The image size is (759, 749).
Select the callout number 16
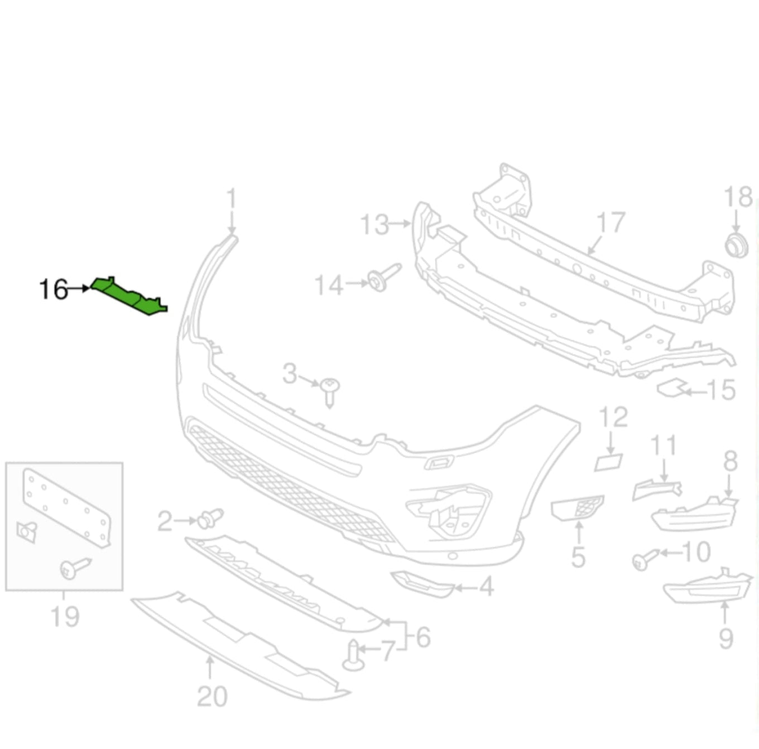(54, 290)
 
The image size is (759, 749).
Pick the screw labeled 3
(330, 390)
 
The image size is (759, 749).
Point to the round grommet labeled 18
(736, 246)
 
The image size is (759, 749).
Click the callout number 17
(611, 223)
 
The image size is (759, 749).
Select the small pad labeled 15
(672, 387)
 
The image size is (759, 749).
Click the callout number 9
(726, 638)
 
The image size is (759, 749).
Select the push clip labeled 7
(353, 655)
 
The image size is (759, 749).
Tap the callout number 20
(212, 697)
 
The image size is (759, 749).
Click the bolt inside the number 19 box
(74, 568)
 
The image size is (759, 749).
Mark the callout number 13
(374, 224)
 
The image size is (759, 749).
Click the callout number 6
(423, 637)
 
